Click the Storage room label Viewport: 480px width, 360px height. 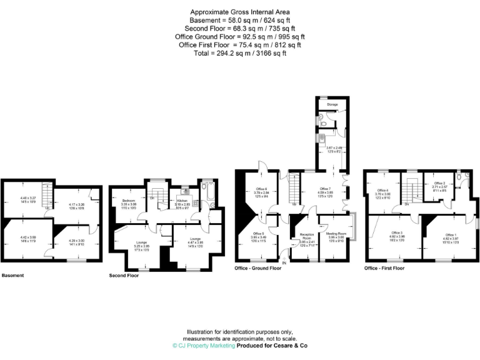pyautogui.click(x=332, y=104)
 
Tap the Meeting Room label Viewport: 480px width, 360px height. pyautogui.click(x=336, y=233)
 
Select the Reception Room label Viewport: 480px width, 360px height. pyautogui.click(x=306, y=235)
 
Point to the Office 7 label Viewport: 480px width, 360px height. pyautogui.click(x=325, y=188)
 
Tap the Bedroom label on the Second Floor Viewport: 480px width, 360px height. pyautogui.click(x=129, y=200)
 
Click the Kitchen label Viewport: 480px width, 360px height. pyautogui.click(x=182, y=201)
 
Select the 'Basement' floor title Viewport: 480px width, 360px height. pyautogui.click(x=13, y=275)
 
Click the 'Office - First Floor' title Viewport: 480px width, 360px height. pyautogui.click(x=384, y=268)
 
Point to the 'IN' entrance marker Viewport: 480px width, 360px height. pyautogui.click(x=284, y=263)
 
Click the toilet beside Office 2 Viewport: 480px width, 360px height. pyautogui.click(x=460, y=177)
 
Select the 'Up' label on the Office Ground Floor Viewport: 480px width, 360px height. pyautogui.click(x=294, y=204)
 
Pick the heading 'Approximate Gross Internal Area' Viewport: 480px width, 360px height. pyautogui.click(x=239, y=12)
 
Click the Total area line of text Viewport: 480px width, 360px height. pyautogui.click(x=239, y=53)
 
